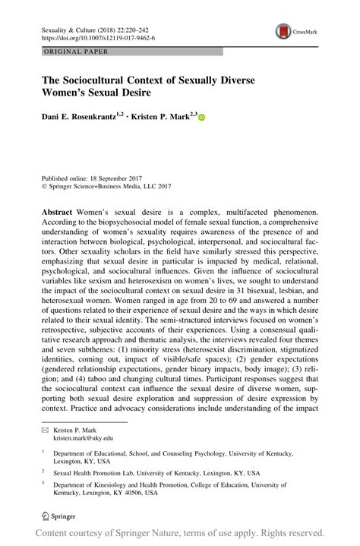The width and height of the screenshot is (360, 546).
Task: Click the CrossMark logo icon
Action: coord(283,32)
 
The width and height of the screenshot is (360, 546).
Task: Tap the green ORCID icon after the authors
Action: coord(202,118)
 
